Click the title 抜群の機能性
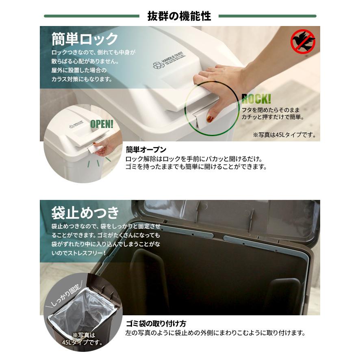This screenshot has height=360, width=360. tap(179, 16)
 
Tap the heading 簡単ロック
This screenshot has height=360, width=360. tap(85, 39)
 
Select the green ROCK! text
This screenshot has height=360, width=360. tap(256, 99)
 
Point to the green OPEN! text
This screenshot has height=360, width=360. tap(102, 124)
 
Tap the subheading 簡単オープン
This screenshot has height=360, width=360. tap(146, 150)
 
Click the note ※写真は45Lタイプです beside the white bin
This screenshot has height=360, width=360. tap(284, 135)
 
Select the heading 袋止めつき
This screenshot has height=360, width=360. tap(86, 212)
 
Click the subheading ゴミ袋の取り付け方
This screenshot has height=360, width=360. tap(156, 324)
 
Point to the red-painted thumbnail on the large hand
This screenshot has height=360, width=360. tap(210, 119)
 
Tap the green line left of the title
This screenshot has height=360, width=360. tap(91, 16)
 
